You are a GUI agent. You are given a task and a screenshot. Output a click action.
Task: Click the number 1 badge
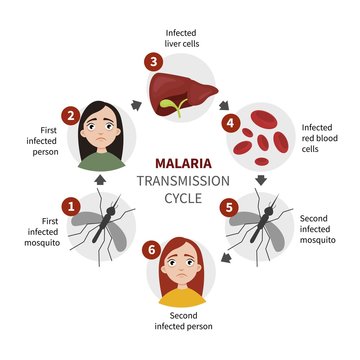(71, 205)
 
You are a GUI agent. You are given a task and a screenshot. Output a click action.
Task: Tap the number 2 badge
(71, 115)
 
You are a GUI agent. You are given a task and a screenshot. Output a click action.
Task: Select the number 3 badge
(152, 62)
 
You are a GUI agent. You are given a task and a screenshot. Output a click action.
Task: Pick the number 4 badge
(231, 125)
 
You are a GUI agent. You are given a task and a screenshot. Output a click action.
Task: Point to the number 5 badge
(231, 208)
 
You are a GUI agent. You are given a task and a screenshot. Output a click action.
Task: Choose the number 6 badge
(152, 248)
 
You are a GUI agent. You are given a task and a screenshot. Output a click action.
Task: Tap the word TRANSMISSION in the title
(180, 181)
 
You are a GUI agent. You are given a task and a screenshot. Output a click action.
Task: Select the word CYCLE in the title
(180, 198)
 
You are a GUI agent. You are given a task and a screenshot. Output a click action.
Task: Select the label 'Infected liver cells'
(182, 39)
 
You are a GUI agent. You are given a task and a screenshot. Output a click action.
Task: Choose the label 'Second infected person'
(182, 319)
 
